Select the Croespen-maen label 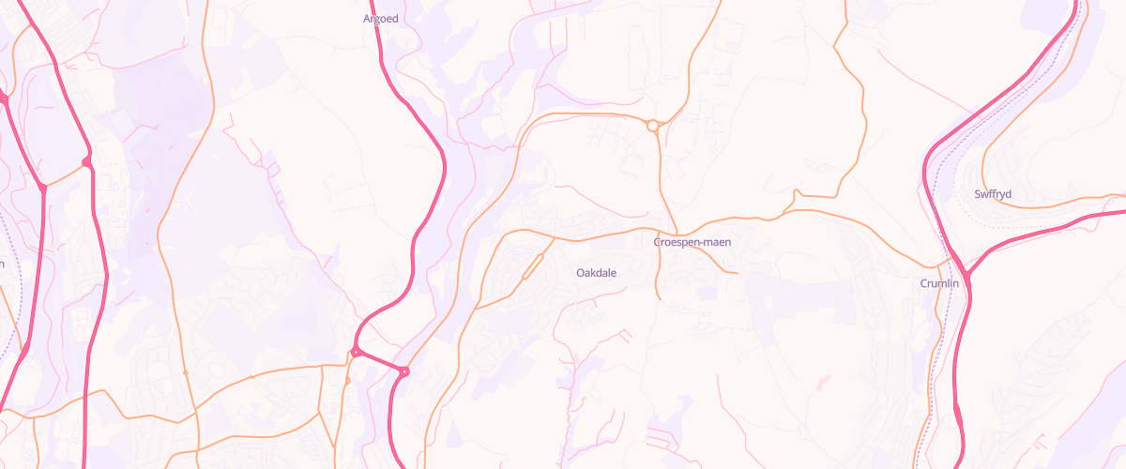692,242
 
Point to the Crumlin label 939,283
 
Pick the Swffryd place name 993,194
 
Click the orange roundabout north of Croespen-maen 652,125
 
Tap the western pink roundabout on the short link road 356,352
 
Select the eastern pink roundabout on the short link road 404,372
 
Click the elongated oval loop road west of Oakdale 532,266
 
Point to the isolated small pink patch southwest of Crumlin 824,380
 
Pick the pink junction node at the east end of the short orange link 86,162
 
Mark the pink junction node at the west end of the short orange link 42,188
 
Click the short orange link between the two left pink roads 64,175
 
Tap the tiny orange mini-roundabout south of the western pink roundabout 347,381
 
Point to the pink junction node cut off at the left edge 3,98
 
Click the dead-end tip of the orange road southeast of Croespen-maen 738,273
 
